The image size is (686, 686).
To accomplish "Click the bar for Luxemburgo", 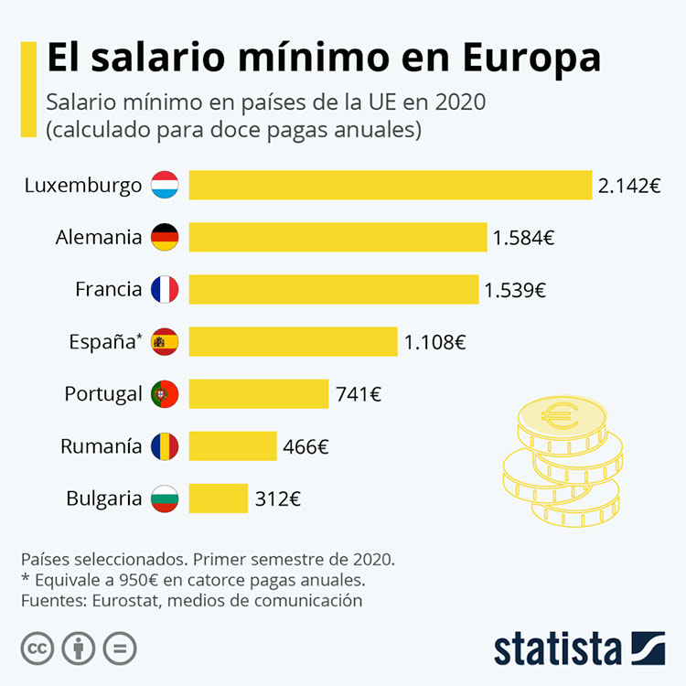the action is pos(391,185).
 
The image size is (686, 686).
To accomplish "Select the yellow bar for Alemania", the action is pos(338,237).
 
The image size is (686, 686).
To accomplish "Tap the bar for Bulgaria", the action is pos(219,498).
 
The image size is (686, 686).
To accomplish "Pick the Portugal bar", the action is pos(259,393).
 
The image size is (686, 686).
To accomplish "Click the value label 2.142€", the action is pos(629,186).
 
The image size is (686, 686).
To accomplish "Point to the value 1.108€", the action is pos(434,342).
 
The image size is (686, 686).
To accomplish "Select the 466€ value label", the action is pos(305,446).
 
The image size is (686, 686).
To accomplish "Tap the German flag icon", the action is pos(165,237).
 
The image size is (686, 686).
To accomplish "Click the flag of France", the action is pos(165,289).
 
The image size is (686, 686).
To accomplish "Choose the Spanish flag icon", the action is pos(165,342).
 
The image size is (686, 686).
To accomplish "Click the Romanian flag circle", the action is pos(165,446).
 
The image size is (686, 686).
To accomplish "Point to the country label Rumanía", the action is pos(101,446).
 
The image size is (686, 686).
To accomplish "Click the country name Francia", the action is pos(109,289).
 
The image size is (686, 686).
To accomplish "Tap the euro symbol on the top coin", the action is pos(560,415).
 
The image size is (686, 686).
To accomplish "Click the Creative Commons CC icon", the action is pos(38,648).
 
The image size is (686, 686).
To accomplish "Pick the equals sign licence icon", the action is pos(120,648).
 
